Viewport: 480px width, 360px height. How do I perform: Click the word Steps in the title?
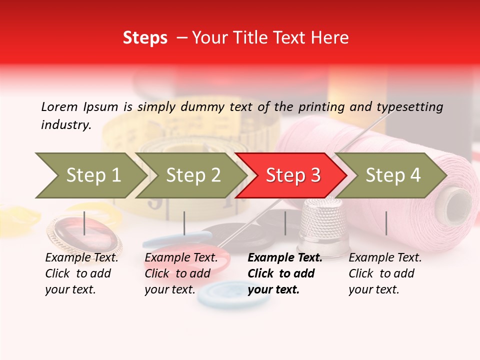point(145,38)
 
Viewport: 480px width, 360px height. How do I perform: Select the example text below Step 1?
point(81,273)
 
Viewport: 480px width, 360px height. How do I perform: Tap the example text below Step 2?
point(181,273)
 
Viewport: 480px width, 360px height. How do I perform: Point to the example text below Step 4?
point(385,273)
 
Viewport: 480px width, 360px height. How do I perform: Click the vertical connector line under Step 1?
point(84,223)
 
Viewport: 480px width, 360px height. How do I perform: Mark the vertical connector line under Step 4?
point(386,223)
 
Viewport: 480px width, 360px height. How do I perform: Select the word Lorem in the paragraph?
point(59,107)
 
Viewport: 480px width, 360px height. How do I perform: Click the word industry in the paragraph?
point(65,125)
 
